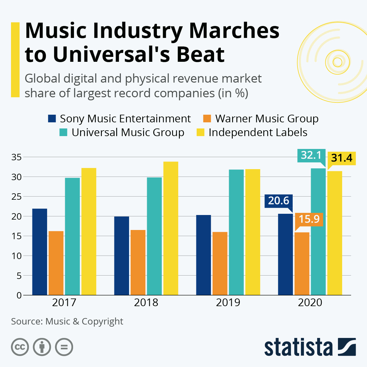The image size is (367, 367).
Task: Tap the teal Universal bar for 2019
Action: point(236,232)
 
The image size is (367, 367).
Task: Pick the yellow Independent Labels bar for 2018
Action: point(171,228)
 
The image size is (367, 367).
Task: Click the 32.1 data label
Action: point(311,155)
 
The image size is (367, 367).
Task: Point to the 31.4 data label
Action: point(342,158)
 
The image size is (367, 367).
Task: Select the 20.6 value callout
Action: point(279,201)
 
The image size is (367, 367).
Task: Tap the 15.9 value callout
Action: point(309,219)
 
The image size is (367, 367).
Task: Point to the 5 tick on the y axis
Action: point(19,276)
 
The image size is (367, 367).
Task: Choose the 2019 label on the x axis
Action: point(228,302)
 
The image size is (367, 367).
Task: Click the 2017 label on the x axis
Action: point(64,302)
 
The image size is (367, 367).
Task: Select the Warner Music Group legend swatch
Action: point(207,118)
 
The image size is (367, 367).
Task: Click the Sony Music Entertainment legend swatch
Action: point(52,118)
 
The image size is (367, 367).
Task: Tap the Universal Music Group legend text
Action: point(128,132)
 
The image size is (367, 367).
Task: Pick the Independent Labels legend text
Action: point(258,132)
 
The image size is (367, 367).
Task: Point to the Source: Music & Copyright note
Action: point(67,321)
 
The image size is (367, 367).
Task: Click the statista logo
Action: point(310,347)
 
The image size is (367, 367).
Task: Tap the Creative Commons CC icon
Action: point(20,347)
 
